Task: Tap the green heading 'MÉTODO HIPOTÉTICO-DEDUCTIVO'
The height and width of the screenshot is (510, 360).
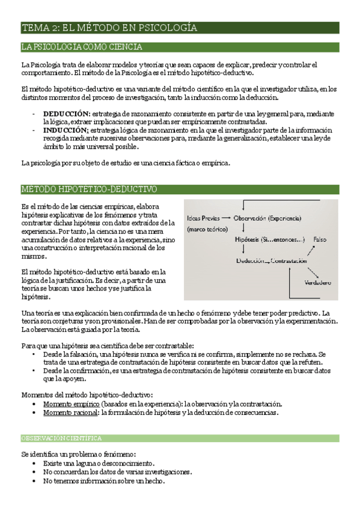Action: point(89,189)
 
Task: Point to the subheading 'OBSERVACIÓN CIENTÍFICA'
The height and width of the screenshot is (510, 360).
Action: point(61,438)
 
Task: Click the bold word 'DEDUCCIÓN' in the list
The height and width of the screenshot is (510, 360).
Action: point(66,113)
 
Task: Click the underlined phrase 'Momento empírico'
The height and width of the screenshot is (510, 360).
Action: point(71,404)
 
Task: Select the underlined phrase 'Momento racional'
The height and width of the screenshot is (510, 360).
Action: point(70,413)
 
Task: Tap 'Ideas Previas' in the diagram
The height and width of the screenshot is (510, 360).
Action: point(203,218)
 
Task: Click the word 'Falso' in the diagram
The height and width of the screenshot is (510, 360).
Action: point(320,239)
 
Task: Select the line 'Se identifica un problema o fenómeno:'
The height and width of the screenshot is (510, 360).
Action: point(78,454)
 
